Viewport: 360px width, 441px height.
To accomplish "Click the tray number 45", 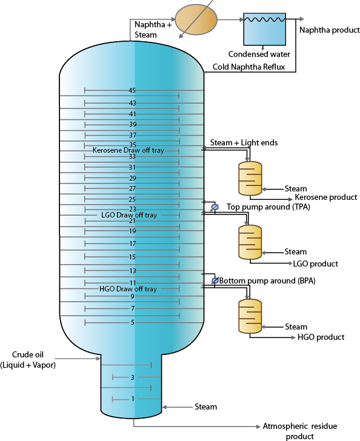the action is tap(132, 90).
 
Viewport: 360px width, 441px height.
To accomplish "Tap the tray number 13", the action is tap(133, 271).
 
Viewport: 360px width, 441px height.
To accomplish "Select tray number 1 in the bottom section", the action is tap(133, 399).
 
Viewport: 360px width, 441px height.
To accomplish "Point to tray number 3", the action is tap(133, 377).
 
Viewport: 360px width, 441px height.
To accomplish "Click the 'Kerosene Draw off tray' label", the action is tap(128, 150).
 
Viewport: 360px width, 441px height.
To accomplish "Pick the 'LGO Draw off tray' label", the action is tap(129, 215).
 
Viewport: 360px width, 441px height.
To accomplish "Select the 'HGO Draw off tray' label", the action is tap(128, 289).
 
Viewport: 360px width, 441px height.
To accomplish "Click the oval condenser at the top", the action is tap(196, 19).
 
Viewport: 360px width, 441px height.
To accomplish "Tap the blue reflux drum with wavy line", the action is tap(265, 29).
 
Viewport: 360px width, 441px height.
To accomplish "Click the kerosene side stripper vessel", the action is tap(250, 178).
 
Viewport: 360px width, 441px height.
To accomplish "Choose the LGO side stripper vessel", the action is tap(250, 242).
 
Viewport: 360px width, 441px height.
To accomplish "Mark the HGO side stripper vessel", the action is tap(250, 316).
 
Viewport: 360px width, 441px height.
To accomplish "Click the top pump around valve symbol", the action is tap(215, 207).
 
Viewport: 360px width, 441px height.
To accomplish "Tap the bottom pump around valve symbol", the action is tap(215, 280).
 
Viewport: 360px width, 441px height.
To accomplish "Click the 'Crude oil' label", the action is tap(28, 354).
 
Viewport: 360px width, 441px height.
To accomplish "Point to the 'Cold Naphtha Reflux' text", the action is tap(249, 67).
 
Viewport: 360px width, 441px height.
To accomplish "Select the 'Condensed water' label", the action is tap(259, 54).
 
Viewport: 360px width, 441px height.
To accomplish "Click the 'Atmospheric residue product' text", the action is tap(300, 431).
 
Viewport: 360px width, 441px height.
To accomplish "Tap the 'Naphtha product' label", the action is tap(330, 30).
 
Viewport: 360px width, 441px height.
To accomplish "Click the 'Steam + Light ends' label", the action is tap(244, 142).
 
